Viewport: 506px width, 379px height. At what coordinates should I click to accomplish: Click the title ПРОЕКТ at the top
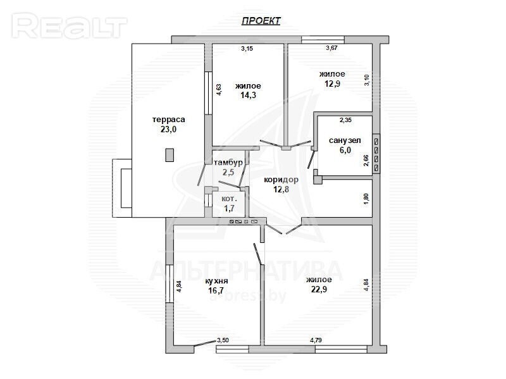point(261,21)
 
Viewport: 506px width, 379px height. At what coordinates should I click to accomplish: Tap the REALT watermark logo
point(70,26)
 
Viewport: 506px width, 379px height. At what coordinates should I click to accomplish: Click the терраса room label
point(169,120)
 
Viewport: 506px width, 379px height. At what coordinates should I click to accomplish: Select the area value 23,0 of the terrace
point(168,130)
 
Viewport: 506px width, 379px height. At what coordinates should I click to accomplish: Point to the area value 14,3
point(248,95)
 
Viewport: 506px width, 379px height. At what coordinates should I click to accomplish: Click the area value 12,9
point(333,84)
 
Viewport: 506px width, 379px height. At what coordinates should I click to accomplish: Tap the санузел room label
point(345,140)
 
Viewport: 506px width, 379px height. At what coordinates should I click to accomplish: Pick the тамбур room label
point(228,163)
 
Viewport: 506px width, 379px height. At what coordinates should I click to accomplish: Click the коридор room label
point(281,180)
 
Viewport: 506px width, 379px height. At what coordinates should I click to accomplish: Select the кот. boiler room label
point(229,199)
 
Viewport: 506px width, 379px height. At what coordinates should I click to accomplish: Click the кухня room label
point(216,281)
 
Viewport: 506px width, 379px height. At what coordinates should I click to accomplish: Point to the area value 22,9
point(319,289)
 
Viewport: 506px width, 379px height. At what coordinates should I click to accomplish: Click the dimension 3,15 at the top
point(247,49)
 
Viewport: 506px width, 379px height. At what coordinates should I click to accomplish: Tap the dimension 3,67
point(331,48)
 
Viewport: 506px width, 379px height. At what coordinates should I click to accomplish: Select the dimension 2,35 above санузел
point(345,120)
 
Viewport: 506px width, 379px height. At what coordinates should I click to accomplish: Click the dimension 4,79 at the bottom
point(316,340)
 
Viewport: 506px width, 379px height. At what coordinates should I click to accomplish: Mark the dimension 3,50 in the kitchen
point(223,340)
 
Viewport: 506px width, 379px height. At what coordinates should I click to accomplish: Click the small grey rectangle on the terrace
point(170,155)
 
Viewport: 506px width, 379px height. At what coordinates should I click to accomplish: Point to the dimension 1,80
point(366,199)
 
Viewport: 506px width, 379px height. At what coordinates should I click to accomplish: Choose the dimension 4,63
point(219,90)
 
